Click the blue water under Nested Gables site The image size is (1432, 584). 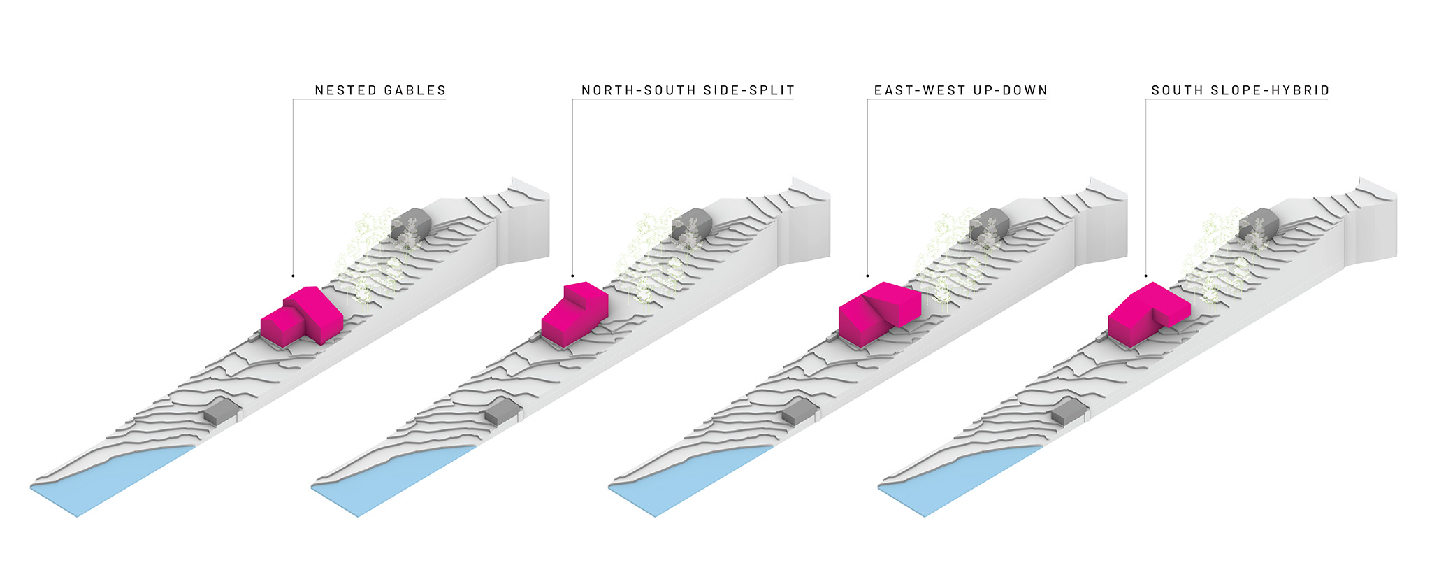click(x=112, y=483)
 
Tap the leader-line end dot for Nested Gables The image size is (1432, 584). click(x=293, y=276)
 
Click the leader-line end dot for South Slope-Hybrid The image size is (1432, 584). click(x=1145, y=276)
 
